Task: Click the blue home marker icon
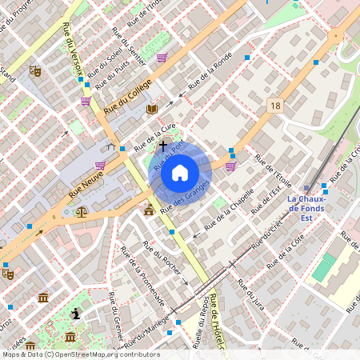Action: point(180,172)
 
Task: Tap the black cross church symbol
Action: point(163,146)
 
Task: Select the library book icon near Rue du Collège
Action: point(152,109)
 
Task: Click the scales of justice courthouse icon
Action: point(81,211)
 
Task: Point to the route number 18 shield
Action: point(276,106)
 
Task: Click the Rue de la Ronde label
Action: point(210,72)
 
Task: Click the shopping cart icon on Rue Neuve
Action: point(100,166)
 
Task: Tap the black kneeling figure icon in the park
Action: point(75,314)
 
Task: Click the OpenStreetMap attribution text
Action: point(80,354)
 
